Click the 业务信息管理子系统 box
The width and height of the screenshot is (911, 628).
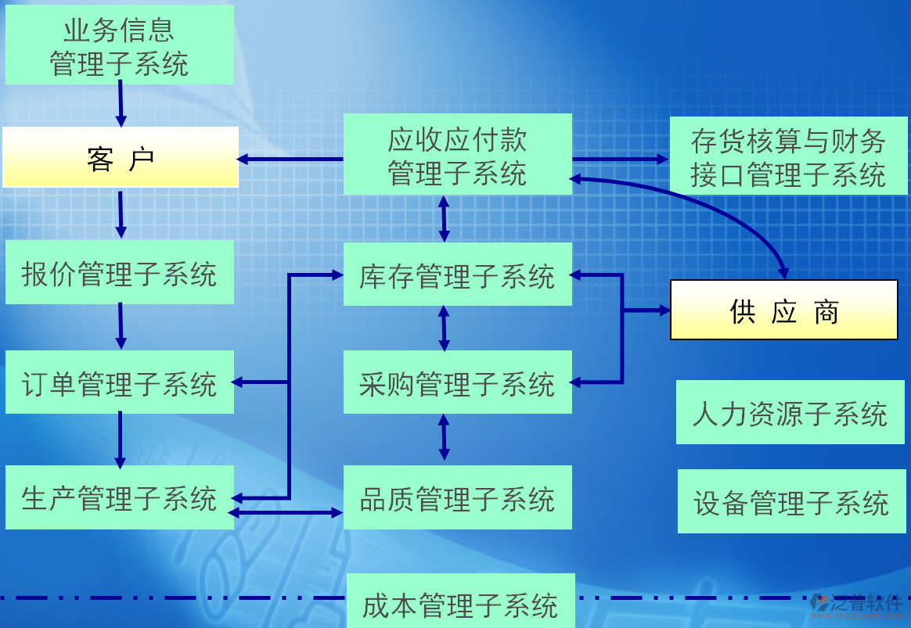[119, 45]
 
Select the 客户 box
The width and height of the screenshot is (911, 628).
[121, 158]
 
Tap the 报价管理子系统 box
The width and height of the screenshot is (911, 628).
[119, 272]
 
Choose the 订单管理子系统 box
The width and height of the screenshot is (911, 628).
[119, 382]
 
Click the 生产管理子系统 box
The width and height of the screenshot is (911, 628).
[119, 497]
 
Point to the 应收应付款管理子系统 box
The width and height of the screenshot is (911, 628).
[457, 155]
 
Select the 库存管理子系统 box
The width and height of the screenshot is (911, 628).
[457, 275]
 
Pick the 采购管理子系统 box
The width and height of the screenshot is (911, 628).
[457, 382]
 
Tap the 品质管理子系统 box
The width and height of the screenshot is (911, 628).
[457, 497]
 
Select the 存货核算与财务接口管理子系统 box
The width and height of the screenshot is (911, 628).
[788, 156]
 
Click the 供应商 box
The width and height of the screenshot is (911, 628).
[783, 310]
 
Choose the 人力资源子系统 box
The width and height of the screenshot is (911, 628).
[790, 412]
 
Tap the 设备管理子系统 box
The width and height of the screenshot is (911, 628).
[791, 501]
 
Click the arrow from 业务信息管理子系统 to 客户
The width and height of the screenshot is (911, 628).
[121, 103]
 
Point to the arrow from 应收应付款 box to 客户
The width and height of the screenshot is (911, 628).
[290, 159]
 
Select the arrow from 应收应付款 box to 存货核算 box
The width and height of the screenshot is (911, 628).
[620, 159]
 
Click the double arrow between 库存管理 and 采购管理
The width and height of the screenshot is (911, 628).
[444, 328]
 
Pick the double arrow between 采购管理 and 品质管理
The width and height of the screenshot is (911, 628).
[444, 437]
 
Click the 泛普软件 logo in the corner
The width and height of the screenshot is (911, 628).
[857, 604]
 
